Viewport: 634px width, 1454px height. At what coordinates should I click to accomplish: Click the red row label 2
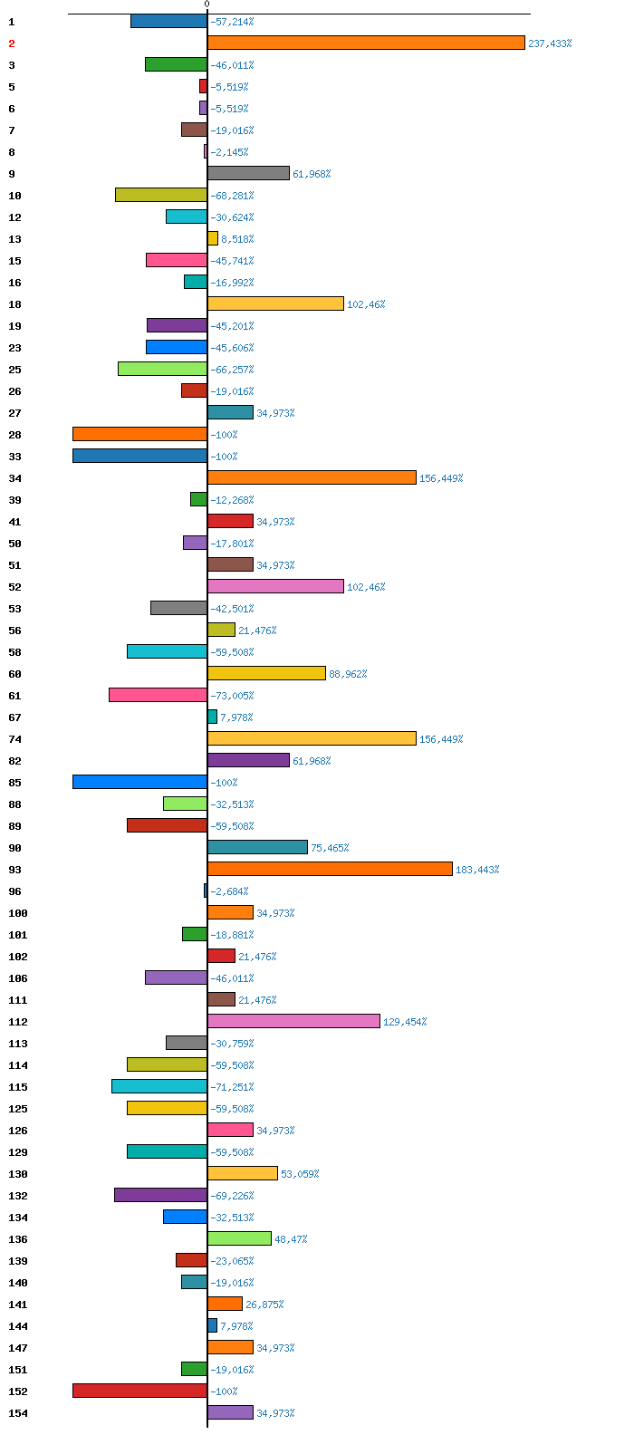coord(12,43)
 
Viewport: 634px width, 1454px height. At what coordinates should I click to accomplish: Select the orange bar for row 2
coord(366,43)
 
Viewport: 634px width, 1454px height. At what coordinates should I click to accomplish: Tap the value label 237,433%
coord(550,43)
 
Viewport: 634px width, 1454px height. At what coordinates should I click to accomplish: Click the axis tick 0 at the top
coord(207,4)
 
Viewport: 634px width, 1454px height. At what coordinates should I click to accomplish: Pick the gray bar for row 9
coord(248,173)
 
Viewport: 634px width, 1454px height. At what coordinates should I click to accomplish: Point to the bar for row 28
coord(140,434)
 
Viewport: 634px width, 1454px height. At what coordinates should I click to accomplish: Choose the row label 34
coord(14,478)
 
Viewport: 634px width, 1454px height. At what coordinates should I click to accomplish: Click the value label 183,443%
coord(477,870)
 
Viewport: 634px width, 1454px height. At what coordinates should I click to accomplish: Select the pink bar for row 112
coord(294,1021)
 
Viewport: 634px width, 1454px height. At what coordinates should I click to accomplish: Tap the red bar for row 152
coord(140,1391)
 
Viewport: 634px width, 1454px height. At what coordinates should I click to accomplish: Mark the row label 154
coord(18,1413)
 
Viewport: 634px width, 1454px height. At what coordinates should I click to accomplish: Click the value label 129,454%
coord(405,1022)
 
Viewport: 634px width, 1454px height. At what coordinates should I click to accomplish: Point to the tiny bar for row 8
coord(206,151)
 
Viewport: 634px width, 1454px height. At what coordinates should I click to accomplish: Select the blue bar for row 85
coord(140,782)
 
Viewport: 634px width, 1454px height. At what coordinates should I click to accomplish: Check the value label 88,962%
coord(348,674)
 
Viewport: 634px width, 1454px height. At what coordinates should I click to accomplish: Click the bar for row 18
coord(276,303)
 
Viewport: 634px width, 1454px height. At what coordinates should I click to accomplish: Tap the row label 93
coord(14,870)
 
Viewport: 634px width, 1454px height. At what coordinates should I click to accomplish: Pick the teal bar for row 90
coord(257,847)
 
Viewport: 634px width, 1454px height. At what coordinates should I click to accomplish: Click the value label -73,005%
coord(232,696)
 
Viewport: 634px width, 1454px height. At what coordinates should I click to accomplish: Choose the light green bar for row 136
coord(239,1238)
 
